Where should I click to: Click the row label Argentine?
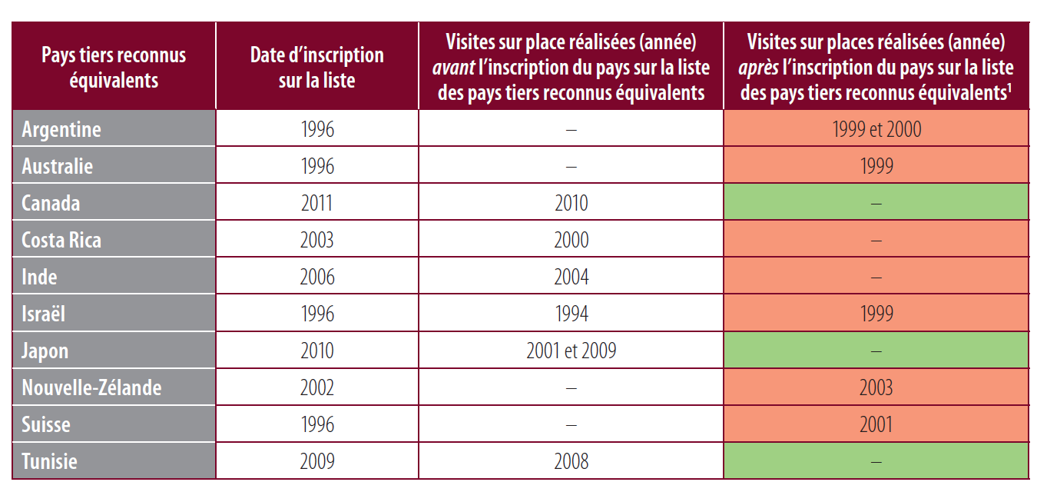[61, 129]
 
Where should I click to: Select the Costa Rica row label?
[61, 240]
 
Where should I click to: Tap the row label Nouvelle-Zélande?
[91, 387]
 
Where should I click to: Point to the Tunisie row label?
[49, 461]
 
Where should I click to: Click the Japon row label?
[45, 351]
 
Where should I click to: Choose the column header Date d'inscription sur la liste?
[316, 67]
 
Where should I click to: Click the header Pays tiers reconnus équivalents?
[113, 67]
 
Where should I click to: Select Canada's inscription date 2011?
[316, 203]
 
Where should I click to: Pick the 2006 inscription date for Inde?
[316, 277]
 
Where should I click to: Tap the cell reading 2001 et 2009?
[571, 351]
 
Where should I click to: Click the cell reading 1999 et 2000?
[876, 129]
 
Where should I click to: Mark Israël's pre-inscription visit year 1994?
[571, 314]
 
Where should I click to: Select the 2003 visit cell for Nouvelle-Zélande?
[876, 387]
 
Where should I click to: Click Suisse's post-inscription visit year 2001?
[876, 424]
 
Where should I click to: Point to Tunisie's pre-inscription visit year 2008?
[571, 461]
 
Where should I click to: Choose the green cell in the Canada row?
[876, 203]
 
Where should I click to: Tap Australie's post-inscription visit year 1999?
[876, 166]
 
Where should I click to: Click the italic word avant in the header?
[453, 68]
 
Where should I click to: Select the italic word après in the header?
[758, 68]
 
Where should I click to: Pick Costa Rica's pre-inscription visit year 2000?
[571, 240]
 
